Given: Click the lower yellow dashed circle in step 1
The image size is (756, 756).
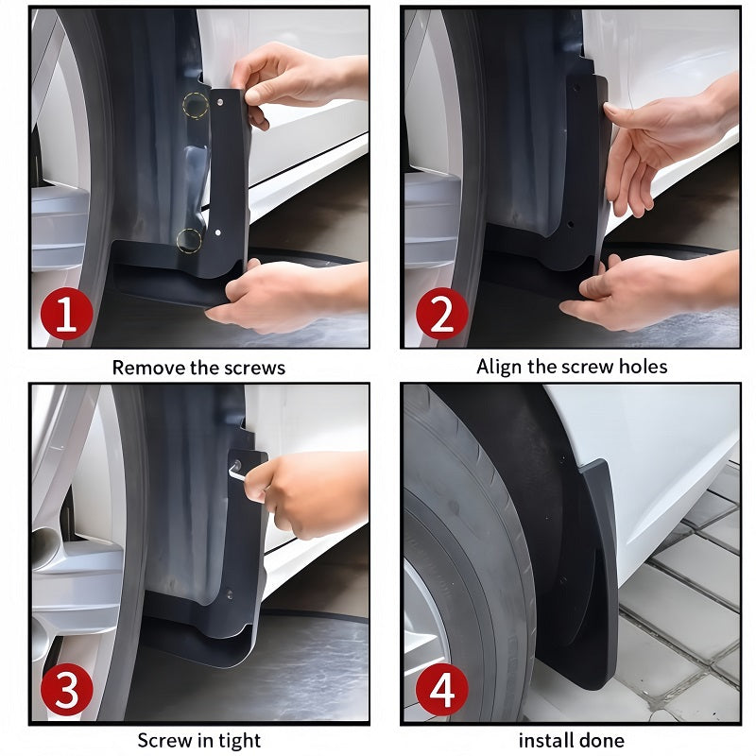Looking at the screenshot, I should coord(189,240).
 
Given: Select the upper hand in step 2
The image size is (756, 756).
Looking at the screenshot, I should coord(661,142).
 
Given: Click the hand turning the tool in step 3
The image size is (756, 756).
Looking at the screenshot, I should coord(307,491).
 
